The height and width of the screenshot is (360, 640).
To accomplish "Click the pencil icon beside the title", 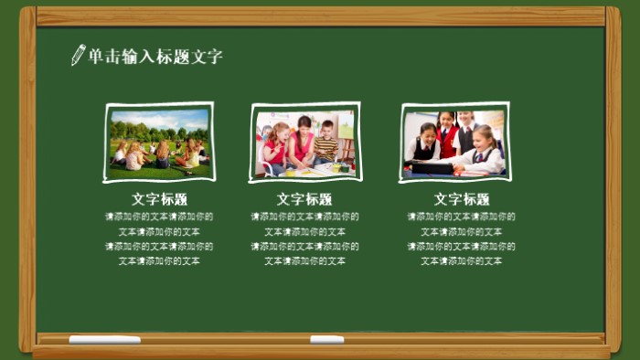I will (x=79, y=55).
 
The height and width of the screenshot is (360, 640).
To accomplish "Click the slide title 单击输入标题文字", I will (x=155, y=57).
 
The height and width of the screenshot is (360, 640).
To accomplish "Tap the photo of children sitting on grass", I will (x=159, y=142).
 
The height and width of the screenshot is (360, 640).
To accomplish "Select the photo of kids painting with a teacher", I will (x=304, y=143).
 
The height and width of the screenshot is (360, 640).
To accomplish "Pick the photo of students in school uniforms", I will (x=454, y=143).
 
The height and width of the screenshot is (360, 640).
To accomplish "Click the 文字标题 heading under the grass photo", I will (x=159, y=199).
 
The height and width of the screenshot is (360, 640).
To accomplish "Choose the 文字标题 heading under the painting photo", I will (x=304, y=199).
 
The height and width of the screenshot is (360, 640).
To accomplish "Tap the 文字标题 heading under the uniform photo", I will (x=462, y=199).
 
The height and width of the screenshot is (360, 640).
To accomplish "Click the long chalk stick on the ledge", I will (x=105, y=340).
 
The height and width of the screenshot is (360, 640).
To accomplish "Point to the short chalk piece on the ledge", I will (x=326, y=340).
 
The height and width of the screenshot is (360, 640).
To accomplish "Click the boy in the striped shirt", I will (x=325, y=144).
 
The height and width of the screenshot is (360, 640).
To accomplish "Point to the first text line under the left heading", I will (x=159, y=217).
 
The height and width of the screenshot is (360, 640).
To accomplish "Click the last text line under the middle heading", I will (x=304, y=261).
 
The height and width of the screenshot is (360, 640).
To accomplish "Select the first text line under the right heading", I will (x=462, y=217).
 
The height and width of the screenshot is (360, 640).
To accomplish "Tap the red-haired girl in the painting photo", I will (x=277, y=146).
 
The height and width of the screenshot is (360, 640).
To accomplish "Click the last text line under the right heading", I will (x=462, y=261).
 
